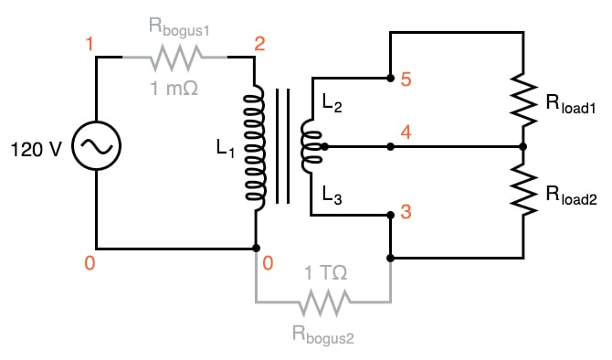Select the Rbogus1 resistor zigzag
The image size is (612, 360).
174,58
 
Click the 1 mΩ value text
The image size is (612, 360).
174,88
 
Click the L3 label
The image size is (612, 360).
332,194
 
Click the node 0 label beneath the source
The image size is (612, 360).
89,264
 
